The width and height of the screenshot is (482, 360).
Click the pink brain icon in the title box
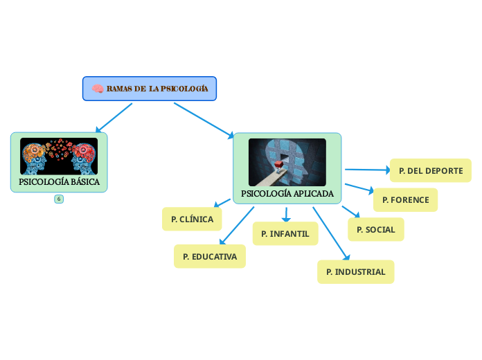[x=98, y=89]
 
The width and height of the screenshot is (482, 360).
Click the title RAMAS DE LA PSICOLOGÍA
[x=157, y=89]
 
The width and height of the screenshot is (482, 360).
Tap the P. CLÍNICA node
[x=192, y=219]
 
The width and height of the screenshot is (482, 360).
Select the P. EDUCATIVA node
[x=210, y=257]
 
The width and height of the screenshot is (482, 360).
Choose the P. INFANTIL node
[x=285, y=234]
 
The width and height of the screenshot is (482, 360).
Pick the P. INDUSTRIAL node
[x=355, y=272]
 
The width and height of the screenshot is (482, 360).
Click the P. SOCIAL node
[x=375, y=229]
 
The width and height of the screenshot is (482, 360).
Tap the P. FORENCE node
[x=405, y=200]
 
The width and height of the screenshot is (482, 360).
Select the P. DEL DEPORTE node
[x=431, y=170]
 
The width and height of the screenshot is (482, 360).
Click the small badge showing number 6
[x=59, y=199]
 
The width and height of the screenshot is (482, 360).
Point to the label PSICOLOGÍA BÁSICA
[x=59, y=183]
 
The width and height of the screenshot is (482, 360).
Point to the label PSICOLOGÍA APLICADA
[x=287, y=194]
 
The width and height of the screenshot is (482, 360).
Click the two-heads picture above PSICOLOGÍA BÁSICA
[x=59, y=156]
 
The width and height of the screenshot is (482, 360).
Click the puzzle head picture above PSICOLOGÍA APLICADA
[x=287, y=162]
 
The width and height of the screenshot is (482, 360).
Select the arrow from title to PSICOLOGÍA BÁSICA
[x=114, y=118]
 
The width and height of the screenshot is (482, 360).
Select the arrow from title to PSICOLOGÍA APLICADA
[x=204, y=119]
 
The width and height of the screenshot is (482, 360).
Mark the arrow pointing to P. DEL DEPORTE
[x=367, y=169]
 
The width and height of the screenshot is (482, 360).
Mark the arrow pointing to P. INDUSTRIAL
[x=331, y=233]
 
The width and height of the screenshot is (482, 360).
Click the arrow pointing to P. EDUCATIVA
[x=237, y=226]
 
